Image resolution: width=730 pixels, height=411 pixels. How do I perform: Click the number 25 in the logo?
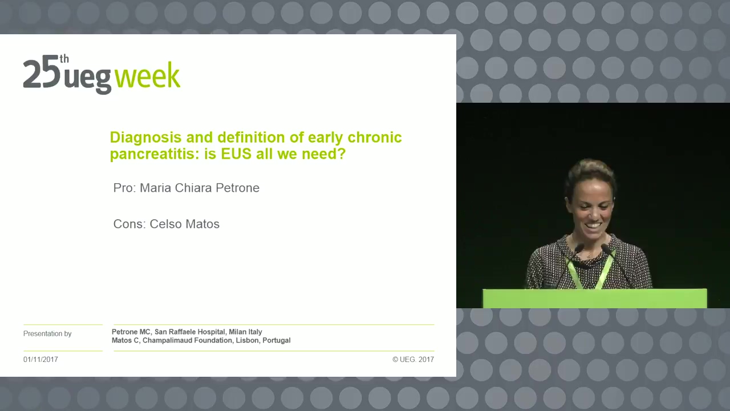pos(42,74)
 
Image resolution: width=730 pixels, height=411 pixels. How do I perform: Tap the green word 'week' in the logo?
pos(147,75)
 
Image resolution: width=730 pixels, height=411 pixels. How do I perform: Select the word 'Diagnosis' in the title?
pos(145,138)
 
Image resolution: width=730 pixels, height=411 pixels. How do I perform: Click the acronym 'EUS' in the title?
pos(236,154)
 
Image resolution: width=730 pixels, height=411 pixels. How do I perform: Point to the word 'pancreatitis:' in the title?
pos(155,154)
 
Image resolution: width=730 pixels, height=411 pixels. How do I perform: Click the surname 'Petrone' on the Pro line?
pos(238,188)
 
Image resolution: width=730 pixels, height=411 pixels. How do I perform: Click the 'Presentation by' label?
pos(47,334)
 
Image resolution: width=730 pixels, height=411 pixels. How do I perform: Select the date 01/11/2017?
pos(40,360)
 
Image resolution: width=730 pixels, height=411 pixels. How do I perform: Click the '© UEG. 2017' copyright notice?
pos(413,360)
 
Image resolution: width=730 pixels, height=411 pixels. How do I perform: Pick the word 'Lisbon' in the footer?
pos(248,340)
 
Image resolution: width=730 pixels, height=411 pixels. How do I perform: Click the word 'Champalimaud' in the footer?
pos(188,340)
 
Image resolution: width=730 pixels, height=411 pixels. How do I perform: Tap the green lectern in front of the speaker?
pos(595,298)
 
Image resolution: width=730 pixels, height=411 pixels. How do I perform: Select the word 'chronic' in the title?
pos(375,138)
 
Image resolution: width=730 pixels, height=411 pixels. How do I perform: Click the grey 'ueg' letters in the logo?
pos(87,78)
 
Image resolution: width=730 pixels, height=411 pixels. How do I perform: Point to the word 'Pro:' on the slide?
pos(124,188)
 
